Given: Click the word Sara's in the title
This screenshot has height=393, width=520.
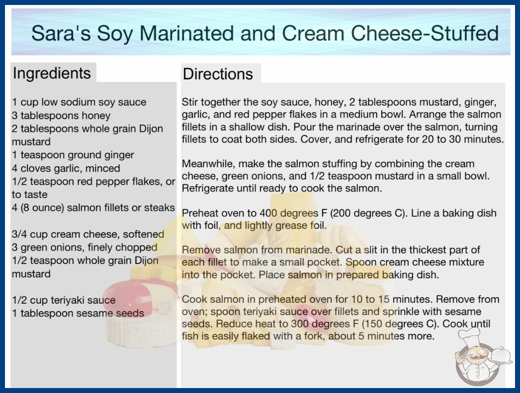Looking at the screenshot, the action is point(61,33).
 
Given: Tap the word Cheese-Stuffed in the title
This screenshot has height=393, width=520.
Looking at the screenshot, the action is point(425,33).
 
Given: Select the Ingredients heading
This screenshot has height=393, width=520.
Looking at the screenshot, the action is point(52,73).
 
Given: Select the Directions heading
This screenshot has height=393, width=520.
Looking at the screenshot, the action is point(218,74).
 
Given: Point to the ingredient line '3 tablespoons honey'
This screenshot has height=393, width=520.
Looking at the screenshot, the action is point(61,116).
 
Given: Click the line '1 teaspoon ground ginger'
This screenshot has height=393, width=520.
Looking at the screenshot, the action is point(73,155).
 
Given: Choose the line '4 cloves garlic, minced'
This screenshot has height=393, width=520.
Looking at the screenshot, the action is point(66,168).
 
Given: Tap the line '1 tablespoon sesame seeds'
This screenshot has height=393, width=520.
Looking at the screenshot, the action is point(78,313).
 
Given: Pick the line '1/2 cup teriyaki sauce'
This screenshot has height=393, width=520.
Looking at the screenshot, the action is point(64,300).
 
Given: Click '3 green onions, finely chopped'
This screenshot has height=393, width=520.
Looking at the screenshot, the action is point(85,247).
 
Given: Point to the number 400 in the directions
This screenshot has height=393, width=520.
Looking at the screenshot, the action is point(268,213).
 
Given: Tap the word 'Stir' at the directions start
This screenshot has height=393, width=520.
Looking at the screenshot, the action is point(189,102).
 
